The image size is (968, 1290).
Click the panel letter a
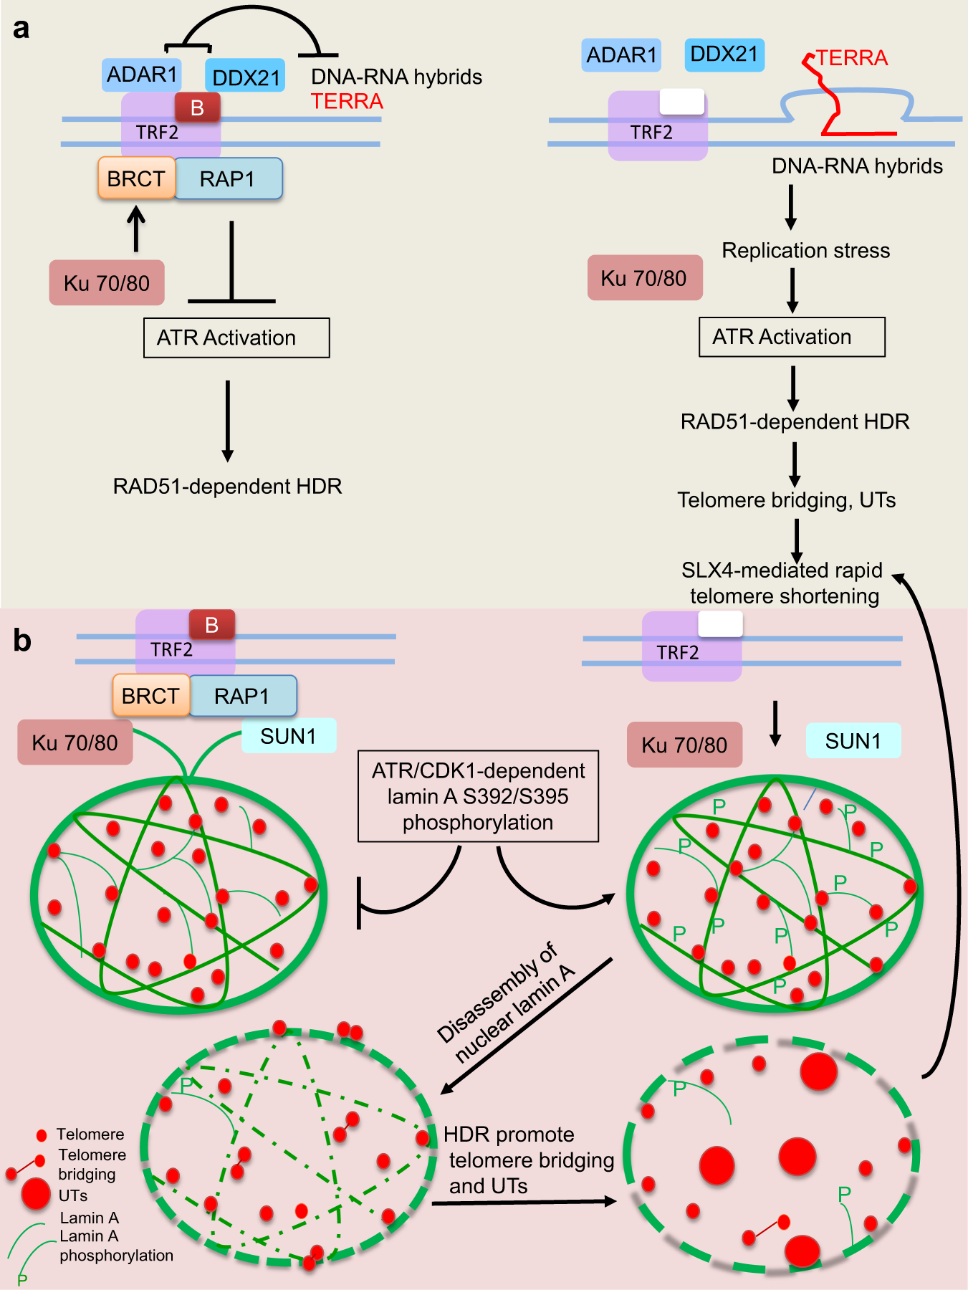[21, 29]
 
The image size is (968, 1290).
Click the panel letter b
[22, 640]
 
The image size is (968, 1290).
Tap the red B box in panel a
[197, 107]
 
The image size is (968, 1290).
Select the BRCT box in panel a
[136, 178]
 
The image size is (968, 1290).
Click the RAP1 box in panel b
[242, 696]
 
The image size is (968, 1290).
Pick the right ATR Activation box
[792, 337]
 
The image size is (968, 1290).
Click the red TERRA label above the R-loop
[851, 58]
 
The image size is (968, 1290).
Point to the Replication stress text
[805, 250]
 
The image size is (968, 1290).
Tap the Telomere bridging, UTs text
[786, 500]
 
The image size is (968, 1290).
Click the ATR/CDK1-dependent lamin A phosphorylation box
[478, 796]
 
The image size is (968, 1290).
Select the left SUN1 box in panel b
[288, 736]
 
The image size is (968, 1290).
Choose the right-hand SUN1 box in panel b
[853, 741]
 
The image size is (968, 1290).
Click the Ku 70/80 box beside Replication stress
[644, 278]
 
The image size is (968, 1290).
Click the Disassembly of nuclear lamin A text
[505, 1002]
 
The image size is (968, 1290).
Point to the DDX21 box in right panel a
[724, 54]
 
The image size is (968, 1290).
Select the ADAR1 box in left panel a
[142, 75]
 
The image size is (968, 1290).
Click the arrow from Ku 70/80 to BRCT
[136, 228]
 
